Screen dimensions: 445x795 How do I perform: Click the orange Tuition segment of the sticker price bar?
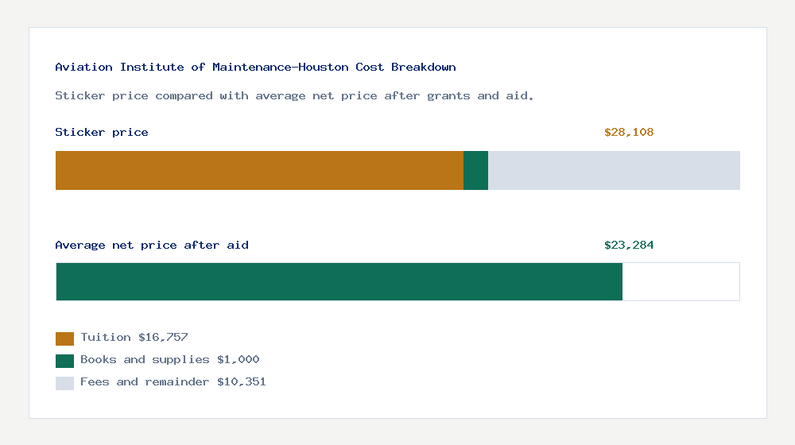click(x=259, y=170)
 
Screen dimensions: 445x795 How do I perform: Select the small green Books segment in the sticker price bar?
click(x=475, y=170)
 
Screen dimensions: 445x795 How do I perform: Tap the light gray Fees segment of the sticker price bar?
click(x=614, y=170)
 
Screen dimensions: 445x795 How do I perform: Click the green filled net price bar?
click(x=339, y=281)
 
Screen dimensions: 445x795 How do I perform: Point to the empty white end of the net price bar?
click(x=681, y=281)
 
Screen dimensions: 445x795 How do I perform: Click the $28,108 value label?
click(x=629, y=133)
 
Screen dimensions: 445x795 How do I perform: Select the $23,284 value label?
click(x=629, y=246)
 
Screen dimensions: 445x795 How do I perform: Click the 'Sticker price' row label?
click(x=102, y=133)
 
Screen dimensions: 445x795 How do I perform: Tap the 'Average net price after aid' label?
click(x=152, y=246)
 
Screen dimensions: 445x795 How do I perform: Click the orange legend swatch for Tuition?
click(x=64, y=339)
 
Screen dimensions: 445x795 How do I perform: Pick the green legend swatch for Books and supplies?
click(x=64, y=361)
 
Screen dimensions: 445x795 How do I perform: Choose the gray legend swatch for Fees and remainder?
click(x=64, y=383)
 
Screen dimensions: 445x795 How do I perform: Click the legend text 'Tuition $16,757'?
click(x=134, y=338)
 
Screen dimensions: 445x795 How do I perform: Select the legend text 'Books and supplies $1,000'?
click(x=170, y=360)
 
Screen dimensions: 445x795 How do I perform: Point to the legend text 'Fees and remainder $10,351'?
click(x=173, y=382)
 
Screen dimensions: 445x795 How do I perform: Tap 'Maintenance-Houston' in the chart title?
click(x=281, y=68)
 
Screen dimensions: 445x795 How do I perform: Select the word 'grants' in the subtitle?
click(x=449, y=96)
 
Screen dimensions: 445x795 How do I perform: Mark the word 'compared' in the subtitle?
click(x=184, y=96)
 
